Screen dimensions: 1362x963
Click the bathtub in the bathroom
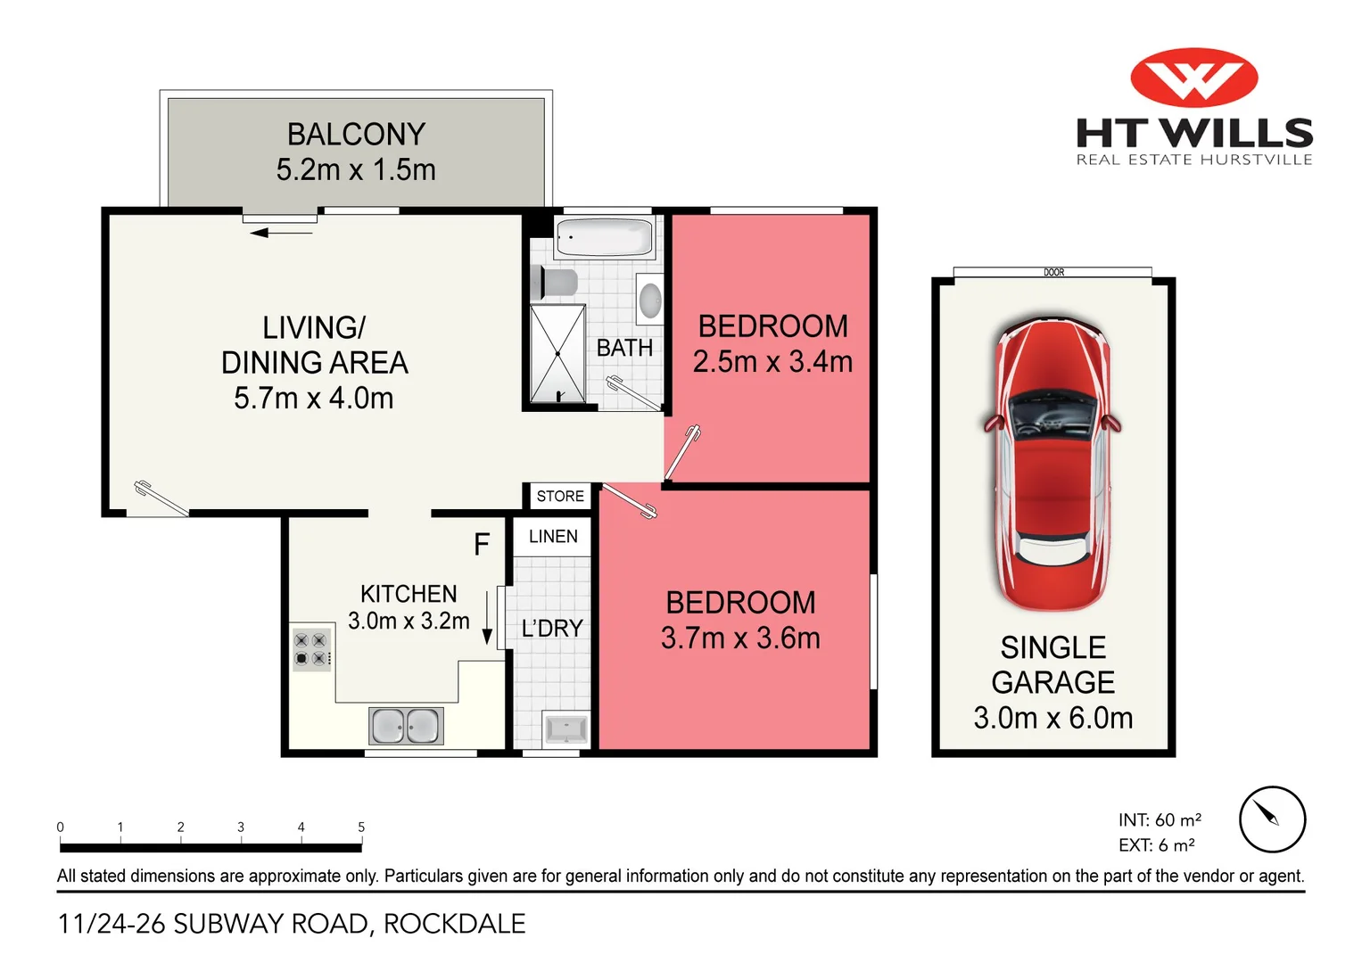click(x=604, y=237)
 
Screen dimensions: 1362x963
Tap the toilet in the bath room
click(x=554, y=283)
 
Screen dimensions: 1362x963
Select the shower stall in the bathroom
click(x=557, y=353)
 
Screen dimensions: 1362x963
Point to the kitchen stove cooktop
click(x=310, y=649)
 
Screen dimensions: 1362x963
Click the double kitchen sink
click(x=406, y=725)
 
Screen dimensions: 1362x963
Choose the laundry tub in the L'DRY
click(x=566, y=728)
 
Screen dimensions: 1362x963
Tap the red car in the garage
click(x=1052, y=464)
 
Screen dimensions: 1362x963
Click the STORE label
click(x=560, y=496)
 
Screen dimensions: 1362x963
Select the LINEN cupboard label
click(x=553, y=536)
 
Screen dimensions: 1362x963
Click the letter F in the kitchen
click(x=482, y=544)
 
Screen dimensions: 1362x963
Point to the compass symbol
click(x=1272, y=819)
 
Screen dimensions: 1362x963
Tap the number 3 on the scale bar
click(x=241, y=827)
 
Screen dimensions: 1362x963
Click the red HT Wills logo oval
click(x=1193, y=78)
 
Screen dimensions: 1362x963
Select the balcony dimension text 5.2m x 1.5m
click(x=356, y=169)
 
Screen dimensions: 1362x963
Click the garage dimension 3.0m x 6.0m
click(x=1053, y=718)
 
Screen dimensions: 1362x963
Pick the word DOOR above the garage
click(x=1053, y=272)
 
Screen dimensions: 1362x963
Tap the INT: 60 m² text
click(x=1160, y=820)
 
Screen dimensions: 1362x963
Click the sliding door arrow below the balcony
click(x=281, y=233)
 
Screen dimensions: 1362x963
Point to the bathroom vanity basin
click(x=650, y=299)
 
